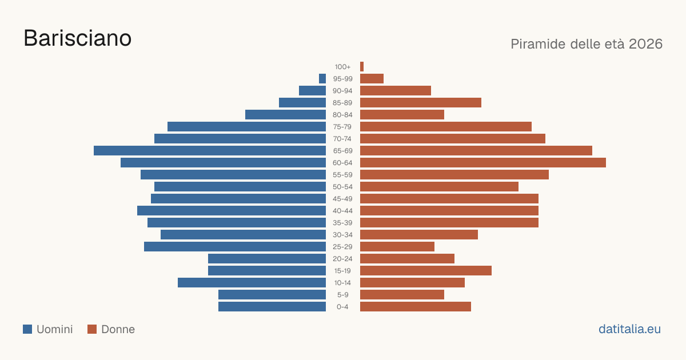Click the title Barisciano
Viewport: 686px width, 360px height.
click(78, 38)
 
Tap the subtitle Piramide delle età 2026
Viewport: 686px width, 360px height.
click(587, 44)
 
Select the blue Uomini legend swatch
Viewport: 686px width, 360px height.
click(27, 329)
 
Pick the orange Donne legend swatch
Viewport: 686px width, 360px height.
click(92, 329)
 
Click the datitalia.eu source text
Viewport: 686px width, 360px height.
click(629, 329)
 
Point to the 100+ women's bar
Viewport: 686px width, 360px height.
click(362, 67)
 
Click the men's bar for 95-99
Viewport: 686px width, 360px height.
click(322, 79)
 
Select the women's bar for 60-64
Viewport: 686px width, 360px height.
click(483, 162)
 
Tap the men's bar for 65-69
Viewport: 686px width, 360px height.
click(210, 151)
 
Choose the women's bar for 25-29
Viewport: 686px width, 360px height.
click(397, 247)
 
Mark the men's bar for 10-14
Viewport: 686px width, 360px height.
click(252, 282)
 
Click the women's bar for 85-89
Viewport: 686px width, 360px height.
click(421, 102)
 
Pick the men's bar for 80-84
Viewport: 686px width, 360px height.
click(285, 115)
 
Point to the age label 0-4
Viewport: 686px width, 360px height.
click(342, 307)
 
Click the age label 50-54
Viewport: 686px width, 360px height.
click(342, 187)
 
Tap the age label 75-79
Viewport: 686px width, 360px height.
click(342, 127)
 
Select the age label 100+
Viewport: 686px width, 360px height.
click(342, 67)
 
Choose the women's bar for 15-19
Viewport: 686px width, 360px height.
click(426, 271)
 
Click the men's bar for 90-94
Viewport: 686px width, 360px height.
click(312, 91)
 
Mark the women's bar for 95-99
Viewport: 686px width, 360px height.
click(372, 79)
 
